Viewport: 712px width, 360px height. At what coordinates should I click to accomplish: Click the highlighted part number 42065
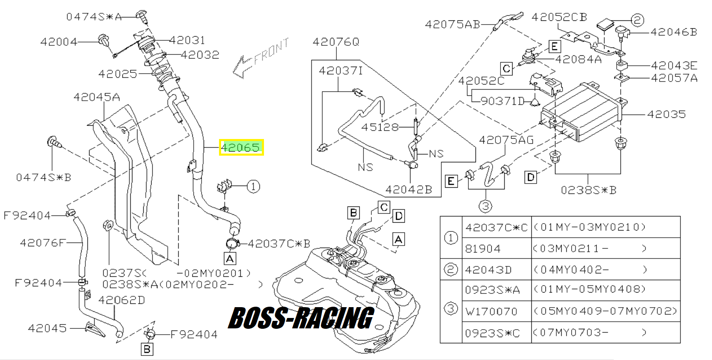(x=241, y=147)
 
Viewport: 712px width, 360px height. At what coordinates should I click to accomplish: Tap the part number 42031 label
(x=187, y=40)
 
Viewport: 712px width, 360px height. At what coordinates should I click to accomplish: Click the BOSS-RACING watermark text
(x=301, y=318)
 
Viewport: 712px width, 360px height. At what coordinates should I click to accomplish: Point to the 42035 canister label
(x=666, y=114)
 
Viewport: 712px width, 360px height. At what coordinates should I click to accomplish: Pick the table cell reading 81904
(x=483, y=248)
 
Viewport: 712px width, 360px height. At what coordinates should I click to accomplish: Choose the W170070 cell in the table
(x=491, y=311)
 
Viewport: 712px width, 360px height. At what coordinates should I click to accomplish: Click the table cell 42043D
(x=488, y=270)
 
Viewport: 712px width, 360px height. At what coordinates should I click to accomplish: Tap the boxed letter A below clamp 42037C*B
(x=230, y=258)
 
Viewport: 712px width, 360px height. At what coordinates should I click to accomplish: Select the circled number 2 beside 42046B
(x=637, y=20)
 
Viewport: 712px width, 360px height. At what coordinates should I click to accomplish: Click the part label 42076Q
(x=336, y=42)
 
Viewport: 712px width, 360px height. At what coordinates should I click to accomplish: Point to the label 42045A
(x=97, y=97)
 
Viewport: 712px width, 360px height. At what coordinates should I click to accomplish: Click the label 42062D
(x=122, y=300)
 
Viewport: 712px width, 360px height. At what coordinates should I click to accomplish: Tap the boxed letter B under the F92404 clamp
(x=147, y=349)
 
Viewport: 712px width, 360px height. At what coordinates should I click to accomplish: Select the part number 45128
(x=380, y=127)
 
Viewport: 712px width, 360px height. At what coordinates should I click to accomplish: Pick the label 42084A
(x=578, y=60)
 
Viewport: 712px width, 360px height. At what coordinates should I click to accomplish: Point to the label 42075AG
(x=506, y=140)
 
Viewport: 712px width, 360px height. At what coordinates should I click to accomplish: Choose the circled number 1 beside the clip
(x=253, y=186)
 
